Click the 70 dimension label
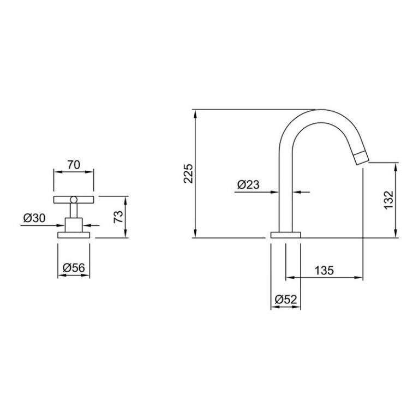click(74, 165)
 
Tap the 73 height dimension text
click(118, 217)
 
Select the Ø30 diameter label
click(34, 218)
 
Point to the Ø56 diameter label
click(74, 267)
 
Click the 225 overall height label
click(188, 173)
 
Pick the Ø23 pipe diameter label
click(248, 184)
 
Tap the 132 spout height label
click(389, 200)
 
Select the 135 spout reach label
click(324, 271)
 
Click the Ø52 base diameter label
click(286, 300)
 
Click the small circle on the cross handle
click(74, 200)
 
